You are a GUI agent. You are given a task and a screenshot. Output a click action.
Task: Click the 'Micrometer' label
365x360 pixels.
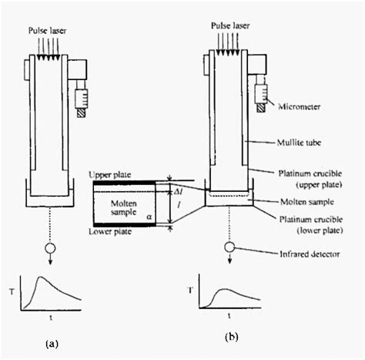pyautogui.click(x=300, y=106)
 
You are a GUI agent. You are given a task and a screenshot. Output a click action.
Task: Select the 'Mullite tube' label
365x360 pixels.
pyautogui.click(x=299, y=143)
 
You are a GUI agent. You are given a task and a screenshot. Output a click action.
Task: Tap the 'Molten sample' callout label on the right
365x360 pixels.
pyautogui.click(x=307, y=202)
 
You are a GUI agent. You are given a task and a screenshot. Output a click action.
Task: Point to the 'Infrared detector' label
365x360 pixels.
pyautogui.click(x=310, y=254)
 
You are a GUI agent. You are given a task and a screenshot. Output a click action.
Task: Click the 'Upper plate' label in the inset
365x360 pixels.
pyautogui.click(x=110, y=175)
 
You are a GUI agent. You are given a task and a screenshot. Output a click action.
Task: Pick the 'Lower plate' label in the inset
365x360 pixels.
pyautogui.click(x=110, y=231)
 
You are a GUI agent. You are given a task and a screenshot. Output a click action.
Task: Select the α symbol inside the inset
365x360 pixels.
pyautogui.click(x=149, y=217)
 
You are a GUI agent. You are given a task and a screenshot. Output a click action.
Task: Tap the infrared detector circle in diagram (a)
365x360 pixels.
pyautogui.click(x=50, y=248)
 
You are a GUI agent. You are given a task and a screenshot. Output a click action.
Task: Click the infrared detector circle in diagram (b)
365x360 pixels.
pyautogui.click(x=229, y=247)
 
